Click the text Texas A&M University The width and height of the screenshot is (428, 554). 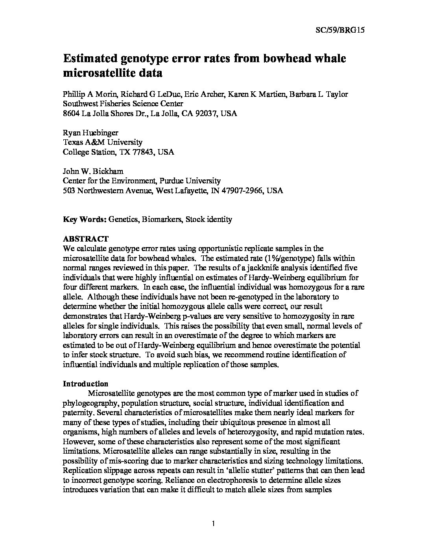click(x=103, y=142)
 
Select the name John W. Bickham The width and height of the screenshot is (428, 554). click(x=89, y=172)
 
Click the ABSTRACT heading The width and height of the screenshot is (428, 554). click(x=86, y=239)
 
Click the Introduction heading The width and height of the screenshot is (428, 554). click(x=86, y=384)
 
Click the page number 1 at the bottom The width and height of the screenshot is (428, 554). click(x=213, y=523)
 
